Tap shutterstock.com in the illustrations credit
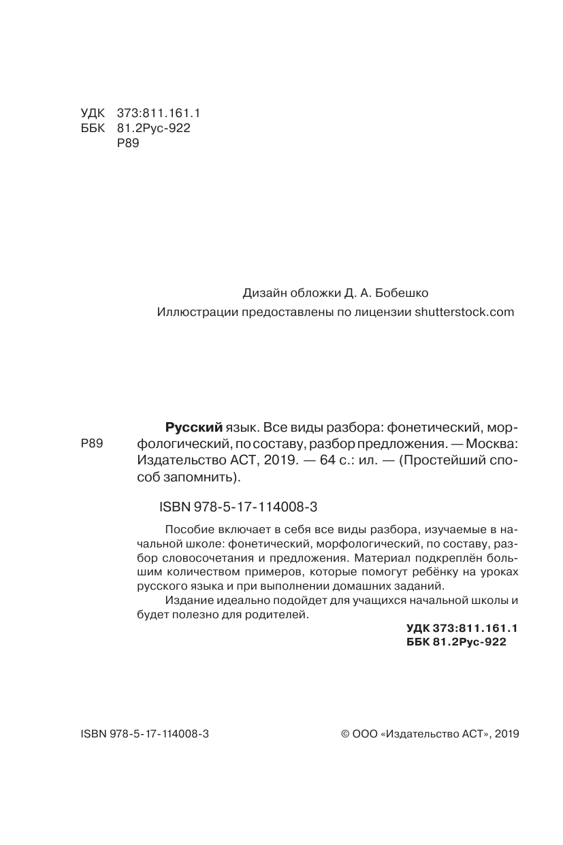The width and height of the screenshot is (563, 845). pyautogui.click(x=463, y=313)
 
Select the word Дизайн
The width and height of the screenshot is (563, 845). pyautogui.click(x=262, y=293)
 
